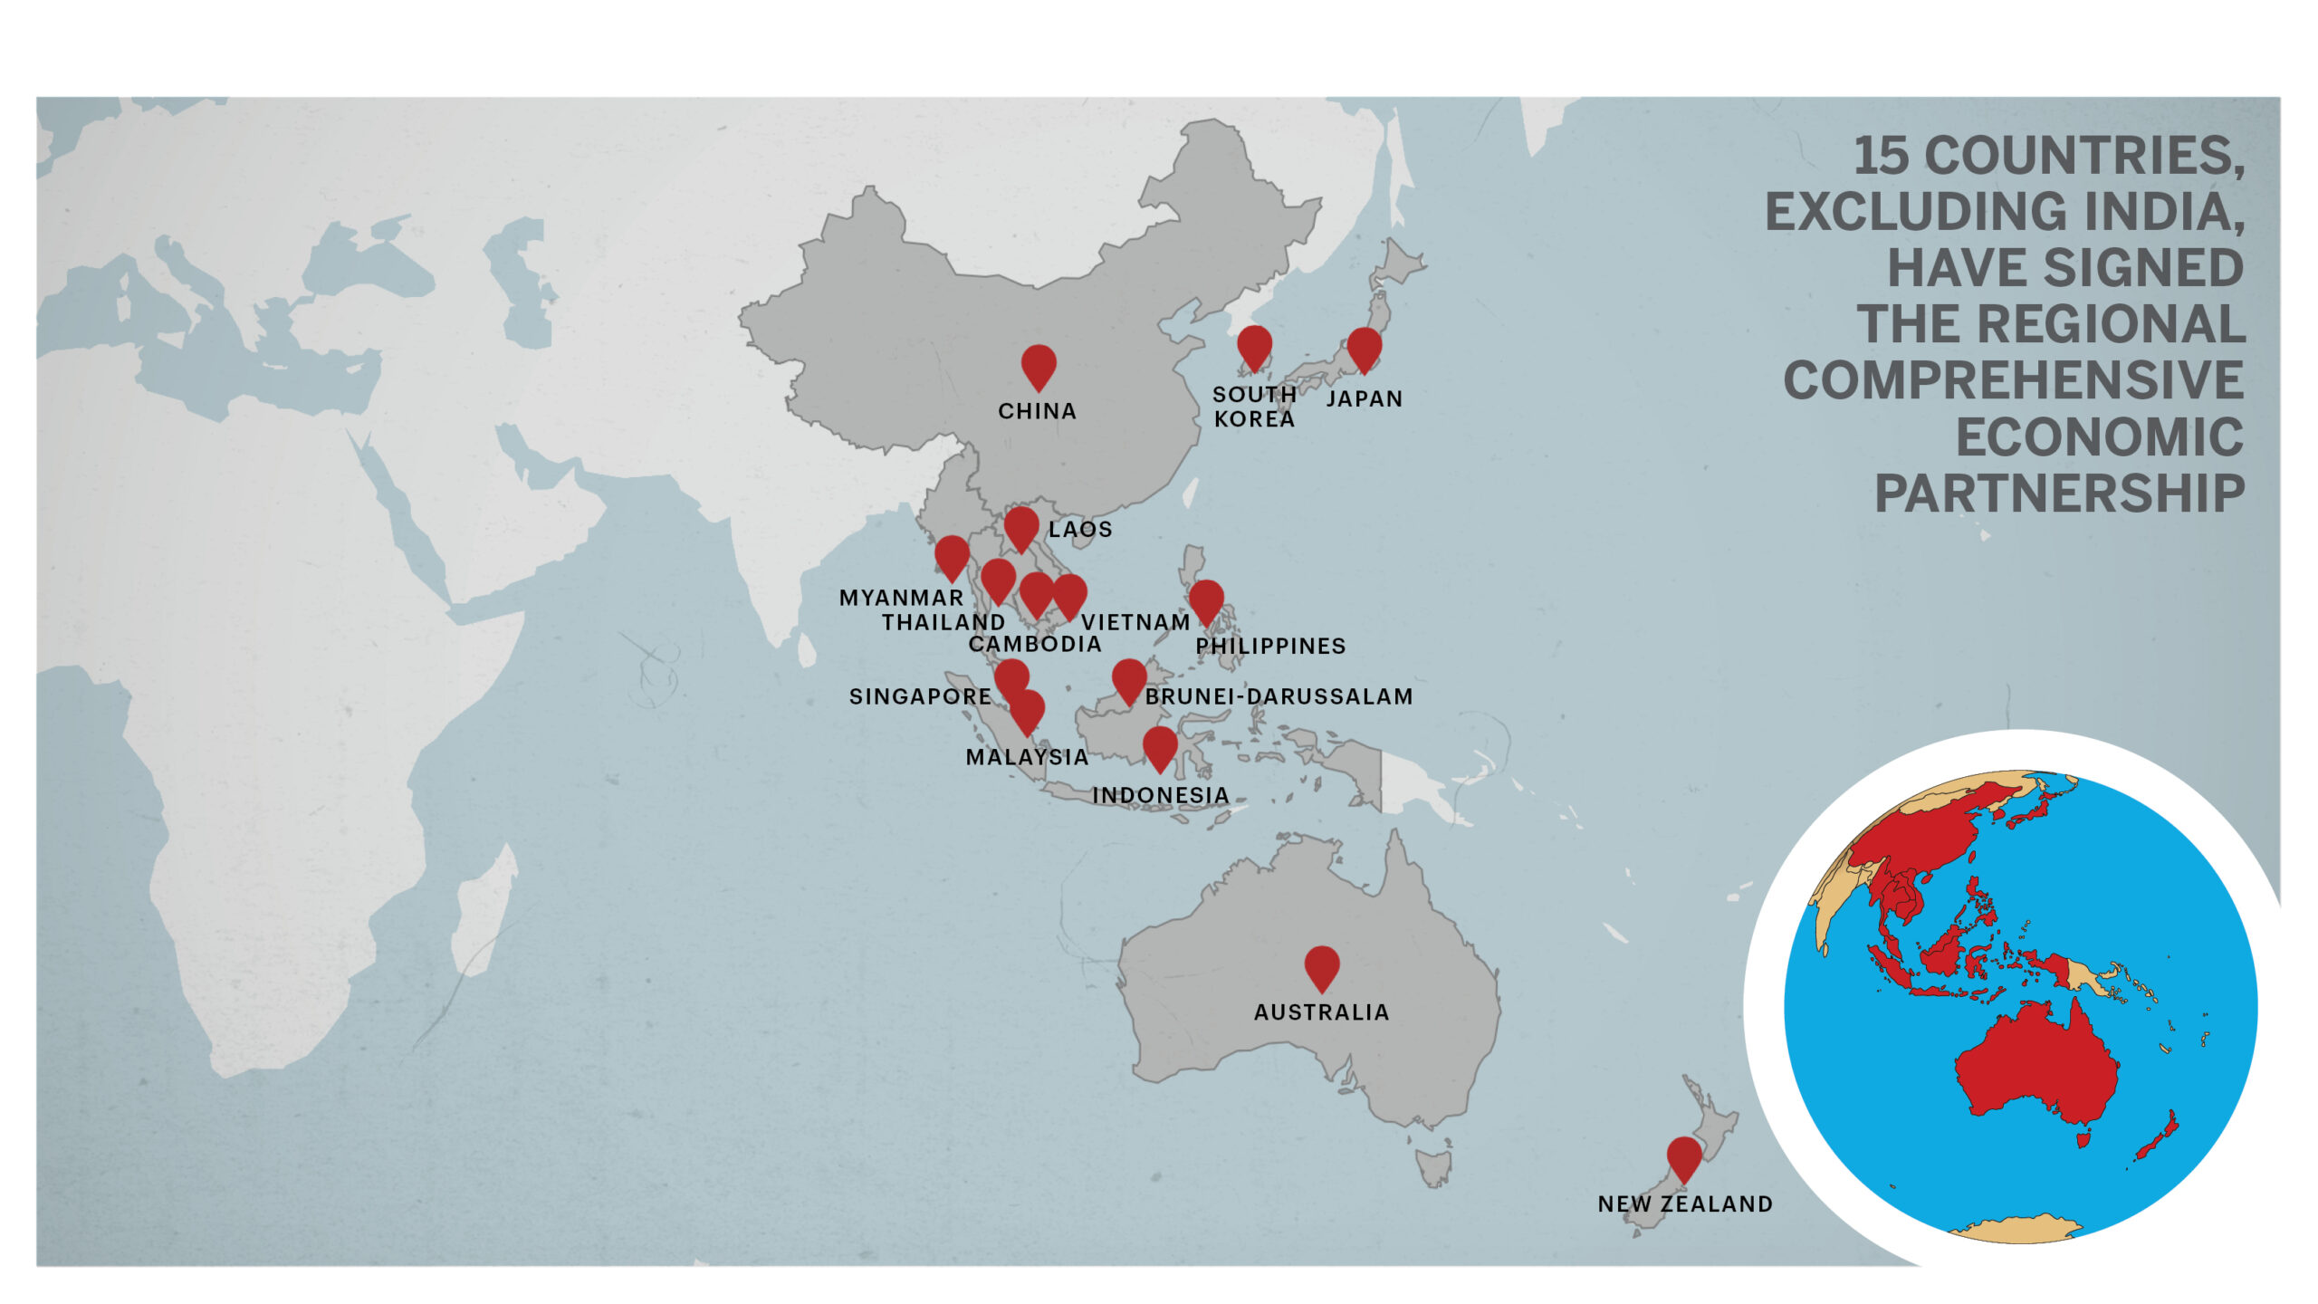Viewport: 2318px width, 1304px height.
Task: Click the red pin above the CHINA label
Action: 1039,365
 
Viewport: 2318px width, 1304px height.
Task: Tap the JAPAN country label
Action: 1364,398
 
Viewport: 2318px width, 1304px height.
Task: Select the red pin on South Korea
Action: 1254,346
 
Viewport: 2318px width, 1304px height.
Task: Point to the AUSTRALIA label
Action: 1321,1012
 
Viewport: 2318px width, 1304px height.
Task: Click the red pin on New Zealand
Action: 1684,1157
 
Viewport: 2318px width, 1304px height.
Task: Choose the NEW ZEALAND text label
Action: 1685,1204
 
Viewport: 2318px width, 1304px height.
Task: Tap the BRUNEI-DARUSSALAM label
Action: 1279,696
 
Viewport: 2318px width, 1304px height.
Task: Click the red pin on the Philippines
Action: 1206,600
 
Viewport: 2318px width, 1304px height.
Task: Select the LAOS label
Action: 1080,530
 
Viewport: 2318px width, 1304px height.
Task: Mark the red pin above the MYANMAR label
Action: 952,555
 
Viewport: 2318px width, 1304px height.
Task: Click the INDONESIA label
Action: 1161,795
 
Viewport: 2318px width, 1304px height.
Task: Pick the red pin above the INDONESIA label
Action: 1160,746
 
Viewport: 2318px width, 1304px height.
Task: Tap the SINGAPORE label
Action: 920,696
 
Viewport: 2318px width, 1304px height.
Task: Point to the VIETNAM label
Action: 1135,622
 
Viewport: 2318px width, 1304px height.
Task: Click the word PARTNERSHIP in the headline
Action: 2059,494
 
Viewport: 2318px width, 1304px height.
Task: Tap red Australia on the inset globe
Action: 2037,1069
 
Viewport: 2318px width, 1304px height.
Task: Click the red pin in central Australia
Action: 1322,966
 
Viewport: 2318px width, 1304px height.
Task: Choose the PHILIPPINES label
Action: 1270,646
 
